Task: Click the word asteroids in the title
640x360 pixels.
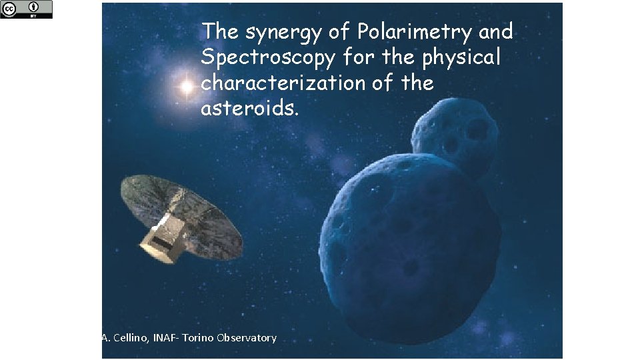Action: pos(247,109)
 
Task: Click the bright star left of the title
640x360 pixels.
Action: pos(186,86)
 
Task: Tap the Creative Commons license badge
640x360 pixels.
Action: pos(26,9)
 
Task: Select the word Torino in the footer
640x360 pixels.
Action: pos(199,338)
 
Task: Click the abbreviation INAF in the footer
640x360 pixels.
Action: pos(165,338)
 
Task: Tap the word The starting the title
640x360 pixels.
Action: pos(219,31)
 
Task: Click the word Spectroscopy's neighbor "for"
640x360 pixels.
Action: pos(361,58)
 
